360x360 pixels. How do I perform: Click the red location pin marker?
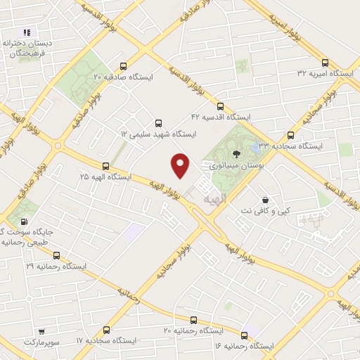pyautogui.click(x=181, y=165)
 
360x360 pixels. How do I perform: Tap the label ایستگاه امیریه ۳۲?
pyautogui.click(x=323, y=72)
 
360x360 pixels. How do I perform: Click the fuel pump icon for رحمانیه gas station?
pyautogui.click(x=26, y=222)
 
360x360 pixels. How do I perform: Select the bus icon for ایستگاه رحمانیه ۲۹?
pyautogui.click(x=57, y=255)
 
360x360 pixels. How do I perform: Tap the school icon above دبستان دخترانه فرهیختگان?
pyautogui.click(x=26, y=32)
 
